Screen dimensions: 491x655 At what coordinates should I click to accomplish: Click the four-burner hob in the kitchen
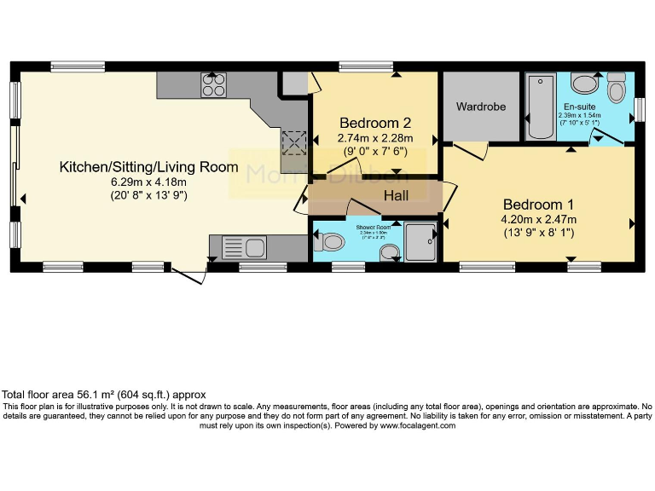point(213,85)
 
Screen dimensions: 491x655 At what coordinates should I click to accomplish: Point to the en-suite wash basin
point(584,84)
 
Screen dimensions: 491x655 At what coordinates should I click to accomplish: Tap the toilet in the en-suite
point(616,89)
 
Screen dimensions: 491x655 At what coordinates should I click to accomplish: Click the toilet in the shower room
point(328,243)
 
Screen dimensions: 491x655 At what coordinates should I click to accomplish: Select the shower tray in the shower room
point(420,240)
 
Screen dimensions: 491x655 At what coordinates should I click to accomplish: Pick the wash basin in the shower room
point(389,251)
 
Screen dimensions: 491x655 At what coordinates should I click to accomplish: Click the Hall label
point(396,196)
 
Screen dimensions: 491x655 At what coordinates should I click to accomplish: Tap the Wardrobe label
point(481,107)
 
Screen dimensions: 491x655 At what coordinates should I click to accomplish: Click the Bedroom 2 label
point(375,122)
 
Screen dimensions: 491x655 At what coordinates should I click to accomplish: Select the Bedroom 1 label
point(538,205)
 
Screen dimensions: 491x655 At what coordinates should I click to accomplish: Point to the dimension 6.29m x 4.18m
point(148,182)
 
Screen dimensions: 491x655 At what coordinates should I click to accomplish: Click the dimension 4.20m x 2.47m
point(539,220)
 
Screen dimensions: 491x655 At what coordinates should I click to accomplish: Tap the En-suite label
point(579,106)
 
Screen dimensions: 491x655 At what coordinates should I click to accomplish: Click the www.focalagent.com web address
point(417,425)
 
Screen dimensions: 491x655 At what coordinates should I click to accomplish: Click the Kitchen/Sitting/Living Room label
point(148,167)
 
